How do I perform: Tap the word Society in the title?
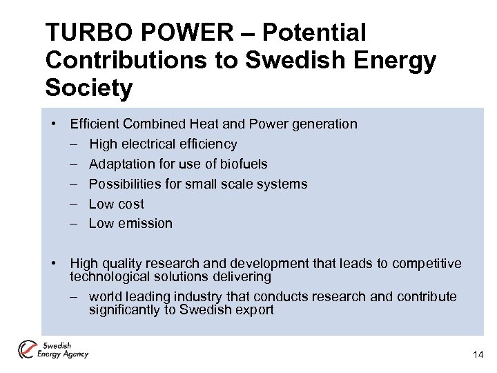click(88, 88)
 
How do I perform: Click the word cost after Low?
click(130, 204)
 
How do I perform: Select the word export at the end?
click(255, 309)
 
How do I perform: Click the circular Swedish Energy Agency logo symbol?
click(28, 350)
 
